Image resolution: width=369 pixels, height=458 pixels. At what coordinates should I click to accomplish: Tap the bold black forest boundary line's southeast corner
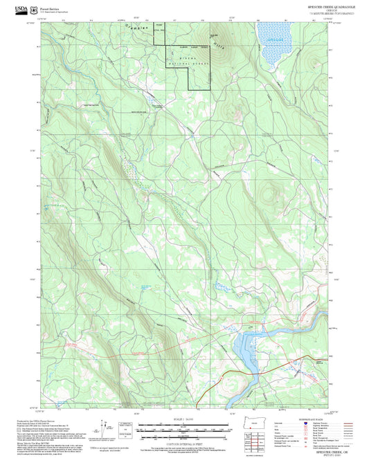point(209,90)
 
